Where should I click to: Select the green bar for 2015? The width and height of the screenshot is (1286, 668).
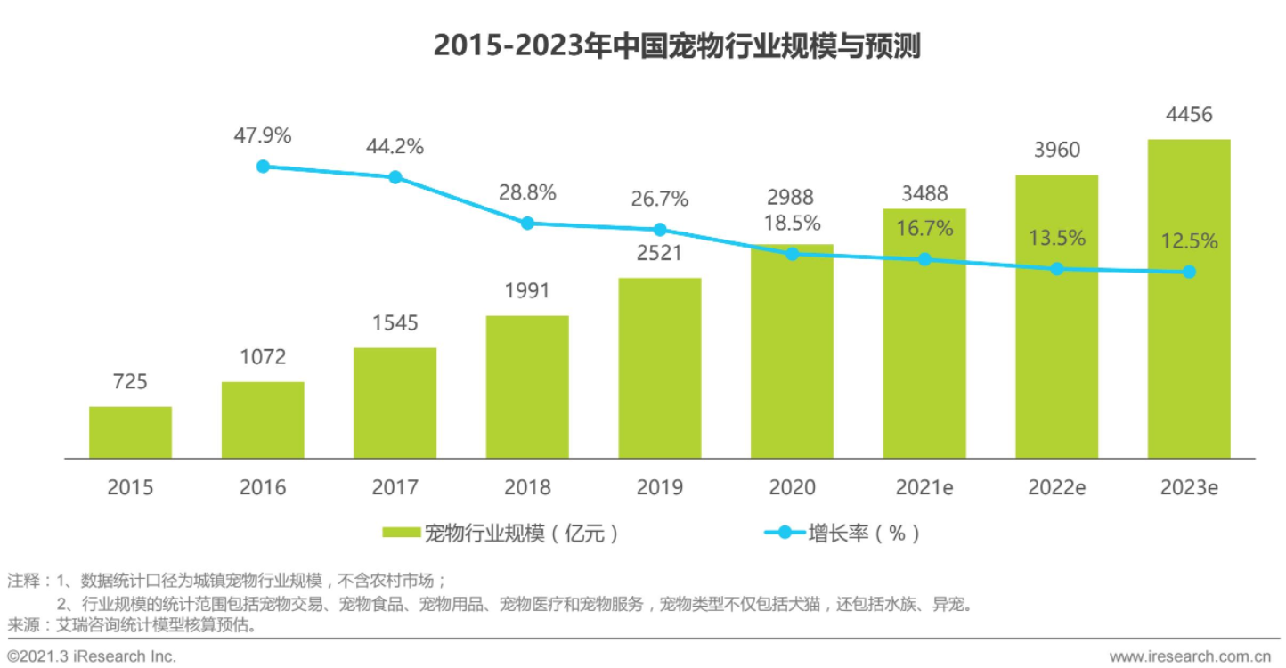coord(130,433)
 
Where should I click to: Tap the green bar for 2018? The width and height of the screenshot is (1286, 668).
coord(527,387)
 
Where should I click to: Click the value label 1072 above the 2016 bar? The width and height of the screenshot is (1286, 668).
coord(263,357)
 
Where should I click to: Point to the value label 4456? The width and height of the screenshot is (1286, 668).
coord(1188,115)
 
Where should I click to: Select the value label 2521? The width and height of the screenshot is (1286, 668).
coord(660,253)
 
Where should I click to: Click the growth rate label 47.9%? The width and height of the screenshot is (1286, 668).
coord(262,136)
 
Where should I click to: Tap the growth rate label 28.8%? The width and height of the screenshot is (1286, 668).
coord(527,192)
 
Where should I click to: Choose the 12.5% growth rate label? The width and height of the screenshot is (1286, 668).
coord(1189,241)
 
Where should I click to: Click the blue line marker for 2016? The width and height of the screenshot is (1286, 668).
coord(263,167)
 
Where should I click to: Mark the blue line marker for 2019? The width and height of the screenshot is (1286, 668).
coord(660,230)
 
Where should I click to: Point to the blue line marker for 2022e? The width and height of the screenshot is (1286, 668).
coord(1056,268)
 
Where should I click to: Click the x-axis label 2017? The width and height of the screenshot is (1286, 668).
coord(395,487)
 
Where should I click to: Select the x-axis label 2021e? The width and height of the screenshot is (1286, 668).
coord(924,487)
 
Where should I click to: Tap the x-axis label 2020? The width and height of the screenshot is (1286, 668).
coord(792,487)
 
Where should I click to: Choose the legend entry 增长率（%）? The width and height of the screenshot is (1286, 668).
coord(842,534)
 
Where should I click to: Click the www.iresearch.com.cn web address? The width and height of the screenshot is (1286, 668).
coord(1187,656)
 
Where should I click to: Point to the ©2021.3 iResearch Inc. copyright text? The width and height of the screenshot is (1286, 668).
coord(92,656)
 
